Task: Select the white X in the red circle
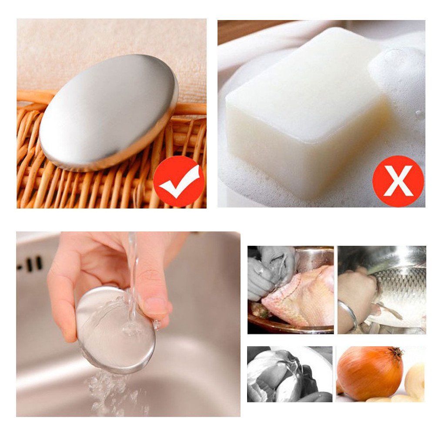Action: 398,181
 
